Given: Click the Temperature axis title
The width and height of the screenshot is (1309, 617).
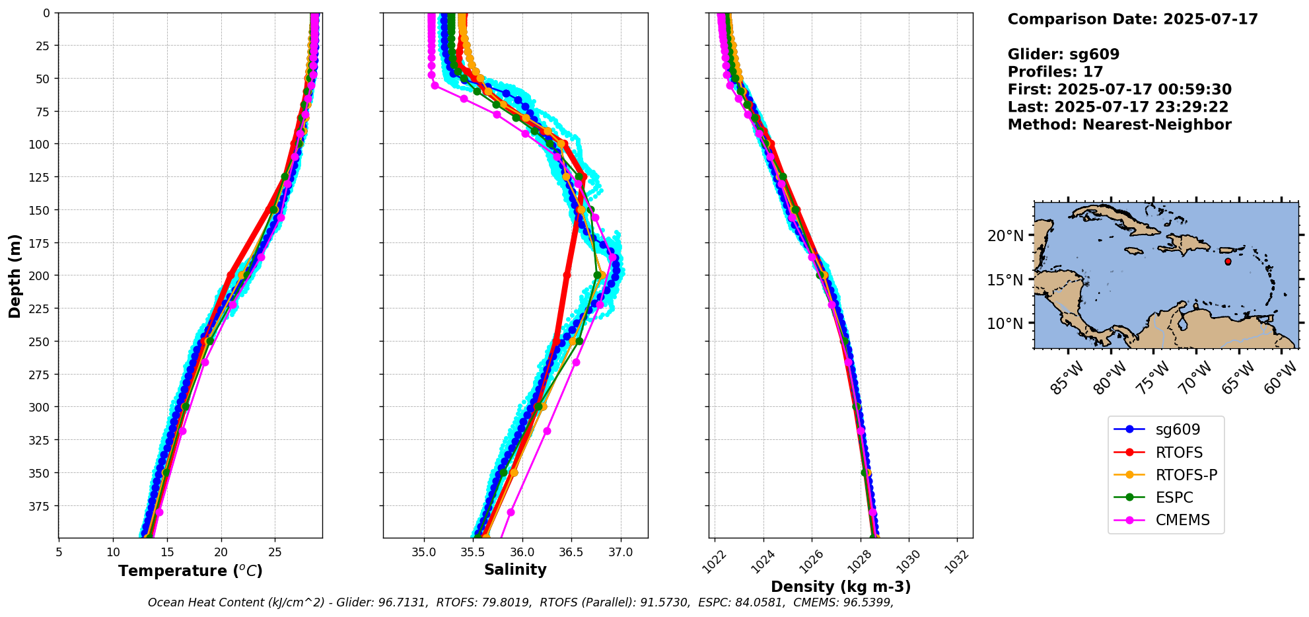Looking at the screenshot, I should point(190,571).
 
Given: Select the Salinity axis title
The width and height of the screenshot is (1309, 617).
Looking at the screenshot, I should point(515,569).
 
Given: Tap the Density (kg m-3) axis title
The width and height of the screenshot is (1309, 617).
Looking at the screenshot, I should point(841,587).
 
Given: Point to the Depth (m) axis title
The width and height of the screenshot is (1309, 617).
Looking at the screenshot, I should point(15,275).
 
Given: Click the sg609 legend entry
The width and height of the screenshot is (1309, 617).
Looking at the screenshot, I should point(1178,429).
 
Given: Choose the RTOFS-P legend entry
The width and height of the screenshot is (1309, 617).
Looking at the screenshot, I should point(1186,475).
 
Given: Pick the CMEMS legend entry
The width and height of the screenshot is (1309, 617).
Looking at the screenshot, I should point(1182,520).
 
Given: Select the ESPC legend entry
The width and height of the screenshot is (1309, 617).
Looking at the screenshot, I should point(1174,497).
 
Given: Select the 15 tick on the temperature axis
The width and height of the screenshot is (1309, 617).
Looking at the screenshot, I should point(167,552).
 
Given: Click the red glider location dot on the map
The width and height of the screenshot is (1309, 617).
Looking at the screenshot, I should point(1228,262).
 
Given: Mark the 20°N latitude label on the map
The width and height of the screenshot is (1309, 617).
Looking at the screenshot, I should point(1005,236).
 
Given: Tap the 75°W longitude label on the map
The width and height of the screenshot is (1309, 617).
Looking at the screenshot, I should point(1154,379).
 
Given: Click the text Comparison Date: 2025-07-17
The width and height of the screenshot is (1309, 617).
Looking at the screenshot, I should point(1133,19).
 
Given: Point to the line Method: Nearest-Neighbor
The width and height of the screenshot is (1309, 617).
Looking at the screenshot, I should point(1119,125).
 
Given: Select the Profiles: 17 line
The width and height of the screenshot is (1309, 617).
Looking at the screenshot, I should point(1055,72).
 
